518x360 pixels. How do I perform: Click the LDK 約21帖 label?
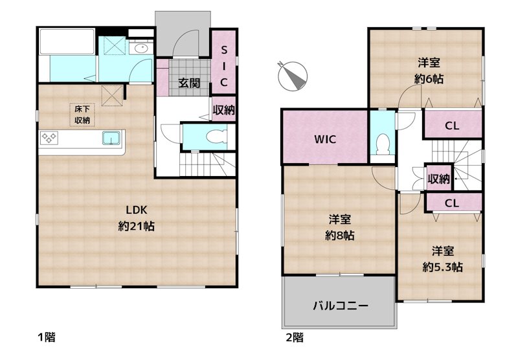(136, 218)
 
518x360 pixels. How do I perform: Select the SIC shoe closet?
(223, 66)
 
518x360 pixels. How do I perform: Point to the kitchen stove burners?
(49, 137)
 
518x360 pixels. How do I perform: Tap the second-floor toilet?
(382, 142)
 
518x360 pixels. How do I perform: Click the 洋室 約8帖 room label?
(339, 228)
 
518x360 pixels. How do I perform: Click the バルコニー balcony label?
(341, 305)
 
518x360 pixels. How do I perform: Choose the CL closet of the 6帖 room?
(452, 126)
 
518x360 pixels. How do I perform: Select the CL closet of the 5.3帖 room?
(452, 203)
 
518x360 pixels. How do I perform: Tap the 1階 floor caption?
(45, 337)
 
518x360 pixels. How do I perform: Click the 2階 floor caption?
(295, 337)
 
